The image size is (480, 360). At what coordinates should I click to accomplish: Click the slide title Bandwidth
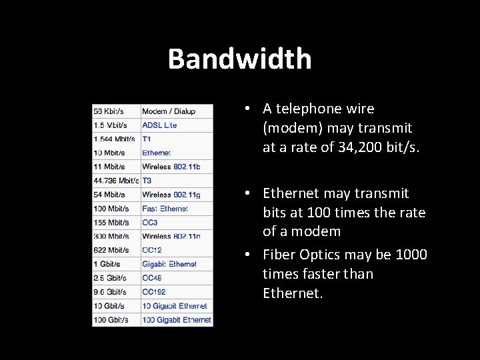[239, 59]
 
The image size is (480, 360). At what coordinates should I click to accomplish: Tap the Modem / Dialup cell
[169, 111]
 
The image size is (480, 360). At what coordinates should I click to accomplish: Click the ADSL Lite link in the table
[159, 125]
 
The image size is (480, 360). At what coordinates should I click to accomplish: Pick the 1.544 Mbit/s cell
[114, 139]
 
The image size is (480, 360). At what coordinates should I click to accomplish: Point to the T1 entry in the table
[147, 139]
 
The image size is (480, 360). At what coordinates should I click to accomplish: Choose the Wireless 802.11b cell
[171, 167]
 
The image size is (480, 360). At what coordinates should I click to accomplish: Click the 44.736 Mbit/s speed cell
[116, 181]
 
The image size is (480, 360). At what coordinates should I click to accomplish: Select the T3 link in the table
[147, 181]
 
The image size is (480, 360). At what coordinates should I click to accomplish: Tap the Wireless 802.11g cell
[171, 195]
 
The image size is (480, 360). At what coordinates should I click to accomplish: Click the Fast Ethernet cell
[165, 209]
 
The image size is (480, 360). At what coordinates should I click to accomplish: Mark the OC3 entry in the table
[150, 223]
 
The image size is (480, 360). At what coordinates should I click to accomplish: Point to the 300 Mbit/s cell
[111, 237]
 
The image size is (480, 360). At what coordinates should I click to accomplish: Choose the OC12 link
[152, 250]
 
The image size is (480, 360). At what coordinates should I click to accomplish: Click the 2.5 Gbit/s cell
[110, 278]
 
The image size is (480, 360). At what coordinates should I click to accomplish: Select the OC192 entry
[154, 292]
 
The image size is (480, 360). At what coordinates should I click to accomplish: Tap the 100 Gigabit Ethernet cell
[177, 320]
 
